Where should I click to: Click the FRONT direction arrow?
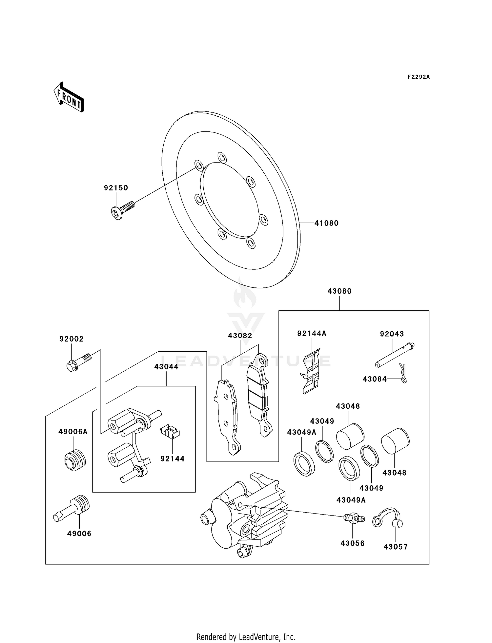click(69, 97)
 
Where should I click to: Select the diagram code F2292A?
click(419, 77)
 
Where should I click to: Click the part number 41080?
click(326, 223)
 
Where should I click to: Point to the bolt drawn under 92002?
click(78, 362)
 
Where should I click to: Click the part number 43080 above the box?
click(339, 291)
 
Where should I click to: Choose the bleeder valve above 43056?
click(353, 518)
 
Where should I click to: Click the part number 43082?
click(240, 336)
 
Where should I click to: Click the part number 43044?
click(166, 367)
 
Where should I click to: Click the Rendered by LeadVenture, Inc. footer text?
click(246, 637)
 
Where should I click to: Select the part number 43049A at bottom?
click(351, 500)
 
